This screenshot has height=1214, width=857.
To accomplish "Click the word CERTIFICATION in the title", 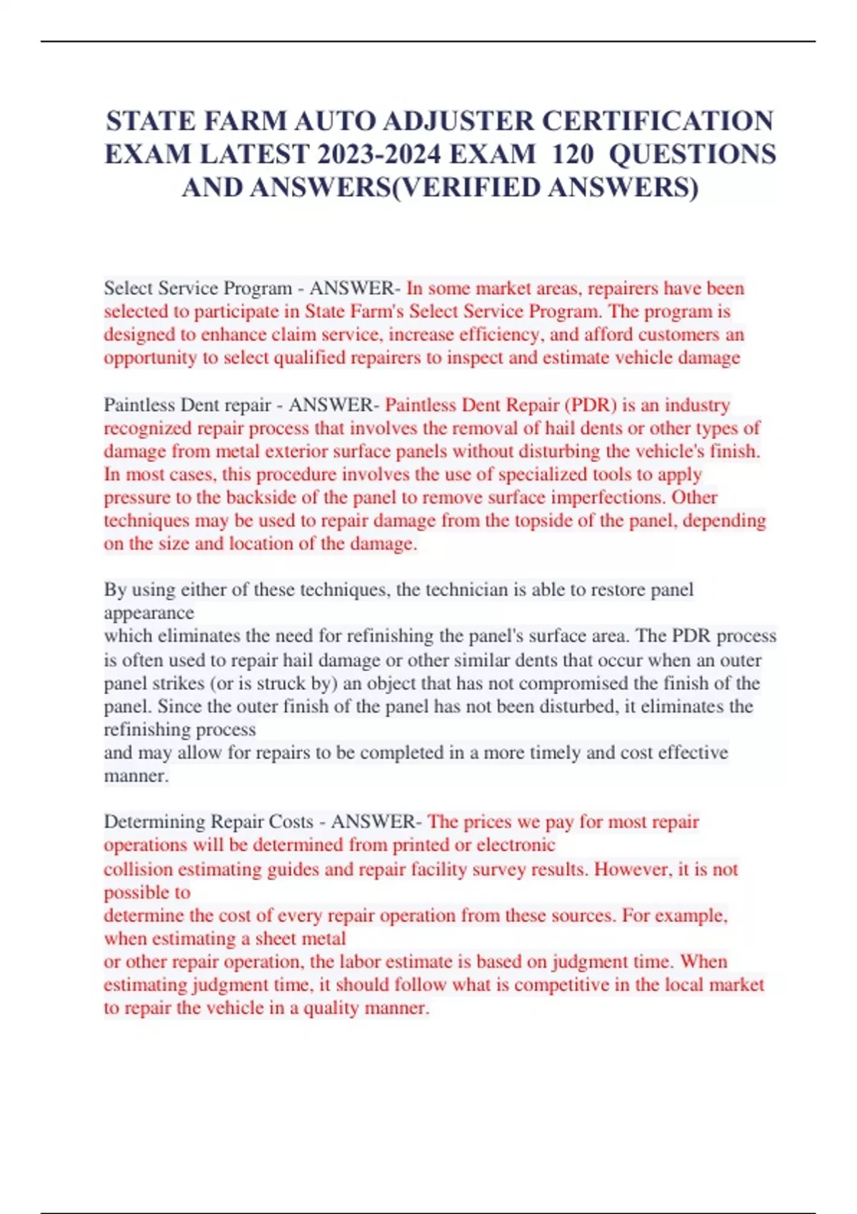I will pos(657,121).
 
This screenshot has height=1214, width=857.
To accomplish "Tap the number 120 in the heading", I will pos(573,154).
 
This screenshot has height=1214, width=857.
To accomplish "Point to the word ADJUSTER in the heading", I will pos(458,121).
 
